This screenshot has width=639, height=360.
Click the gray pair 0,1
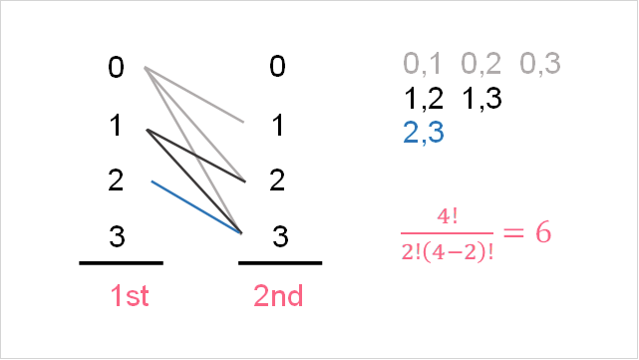coord(422,65)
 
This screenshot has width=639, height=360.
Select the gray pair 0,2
coord(481,65)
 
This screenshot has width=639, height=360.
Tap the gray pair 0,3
coord(540,65)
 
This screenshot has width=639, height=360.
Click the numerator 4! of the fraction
coord(447,216)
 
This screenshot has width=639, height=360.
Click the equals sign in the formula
coord(512,232)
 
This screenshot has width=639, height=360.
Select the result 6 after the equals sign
coord(543,232)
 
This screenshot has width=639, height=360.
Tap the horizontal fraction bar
coord(447,232)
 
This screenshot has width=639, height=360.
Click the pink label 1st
coord(130,296)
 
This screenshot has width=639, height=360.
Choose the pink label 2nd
coord(278,296)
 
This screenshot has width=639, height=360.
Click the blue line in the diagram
coord(196,207)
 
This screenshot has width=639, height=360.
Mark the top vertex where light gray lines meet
coord(146,68)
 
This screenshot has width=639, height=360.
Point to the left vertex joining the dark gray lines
coord(147,130)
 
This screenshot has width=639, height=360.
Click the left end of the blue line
coord(152,181)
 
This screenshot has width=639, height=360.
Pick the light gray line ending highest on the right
coord(195,96)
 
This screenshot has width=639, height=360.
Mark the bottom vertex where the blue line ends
coord(241,233)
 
